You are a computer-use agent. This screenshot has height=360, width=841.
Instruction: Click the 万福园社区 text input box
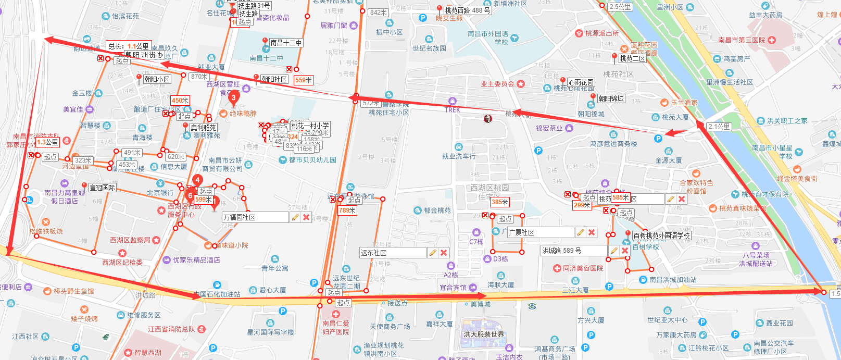(255, 217)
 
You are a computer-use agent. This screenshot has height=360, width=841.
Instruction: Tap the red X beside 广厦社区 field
(592, 232)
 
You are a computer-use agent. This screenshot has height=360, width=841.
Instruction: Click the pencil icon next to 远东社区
(432, 253)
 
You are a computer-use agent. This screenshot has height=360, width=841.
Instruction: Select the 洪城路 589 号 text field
(573, 251)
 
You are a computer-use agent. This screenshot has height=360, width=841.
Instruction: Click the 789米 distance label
(347, 210)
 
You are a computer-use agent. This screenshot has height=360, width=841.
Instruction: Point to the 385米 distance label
(499, 202)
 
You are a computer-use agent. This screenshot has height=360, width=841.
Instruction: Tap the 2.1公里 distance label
(719, 127)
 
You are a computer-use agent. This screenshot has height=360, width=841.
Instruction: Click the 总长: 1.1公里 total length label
(129, 46)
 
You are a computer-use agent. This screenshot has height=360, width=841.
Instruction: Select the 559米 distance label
(303, 80)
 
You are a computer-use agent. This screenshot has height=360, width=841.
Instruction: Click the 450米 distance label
(180, 101)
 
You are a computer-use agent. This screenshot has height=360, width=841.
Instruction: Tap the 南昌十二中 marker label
(285, 43)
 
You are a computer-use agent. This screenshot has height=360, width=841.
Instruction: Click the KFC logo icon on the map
(488, 119)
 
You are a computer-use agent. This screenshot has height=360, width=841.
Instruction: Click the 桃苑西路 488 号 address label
(467, 10)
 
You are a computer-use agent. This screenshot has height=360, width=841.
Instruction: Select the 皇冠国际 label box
(102, 188)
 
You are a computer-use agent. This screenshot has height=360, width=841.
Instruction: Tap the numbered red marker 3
(233, 98)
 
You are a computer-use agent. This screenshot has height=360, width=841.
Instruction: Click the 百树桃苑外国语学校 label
(661, 236)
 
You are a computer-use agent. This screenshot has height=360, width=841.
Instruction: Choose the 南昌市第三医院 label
(742, 40)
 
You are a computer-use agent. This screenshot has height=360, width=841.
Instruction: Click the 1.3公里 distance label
(48, 142)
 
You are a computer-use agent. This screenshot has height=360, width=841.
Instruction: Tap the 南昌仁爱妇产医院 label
(335, 327)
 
